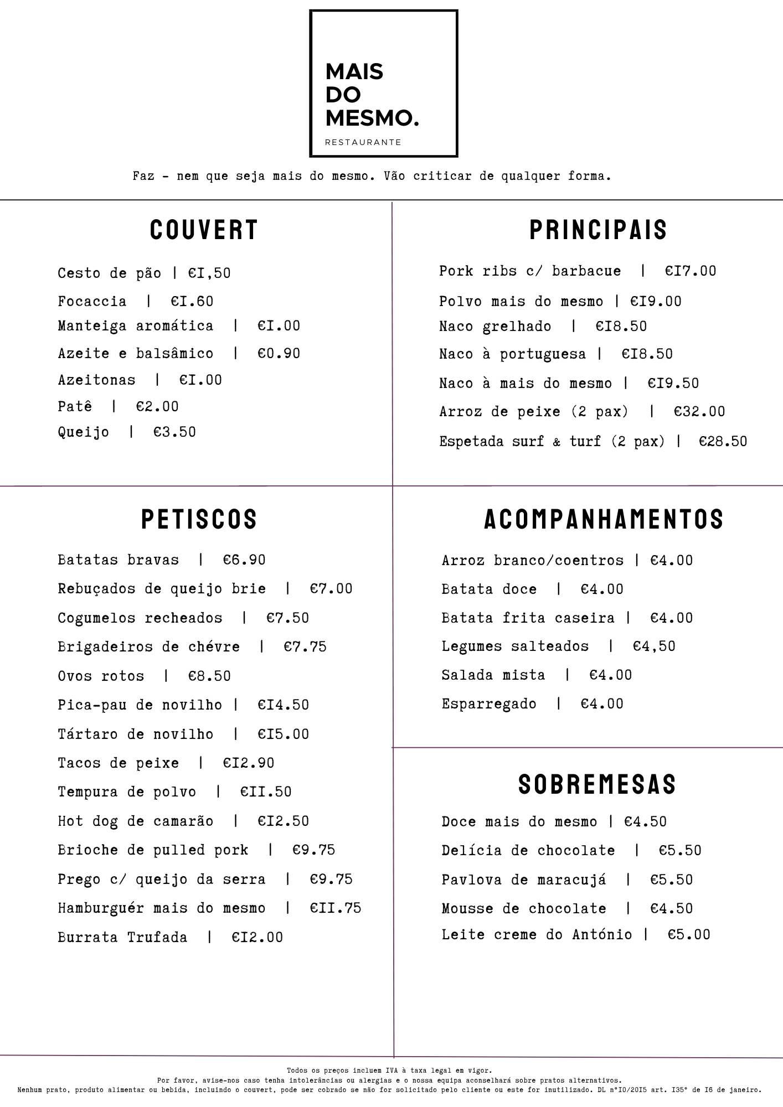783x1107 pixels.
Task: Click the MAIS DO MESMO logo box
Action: click(383, 83)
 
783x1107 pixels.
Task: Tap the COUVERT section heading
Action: click(204, 230)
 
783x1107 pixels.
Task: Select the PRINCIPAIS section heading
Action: click(598, 230)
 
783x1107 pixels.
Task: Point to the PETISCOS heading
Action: click(199, 519)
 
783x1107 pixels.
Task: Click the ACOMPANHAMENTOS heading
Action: click(604, 519)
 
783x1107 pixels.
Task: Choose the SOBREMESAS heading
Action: click(597, 784)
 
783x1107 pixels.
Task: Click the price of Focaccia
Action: click(192, 301)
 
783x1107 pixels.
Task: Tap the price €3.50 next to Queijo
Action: click(174, 432)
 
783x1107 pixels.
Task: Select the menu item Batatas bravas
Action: click(118, 560)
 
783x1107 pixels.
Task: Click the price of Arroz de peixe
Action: click(699, 411)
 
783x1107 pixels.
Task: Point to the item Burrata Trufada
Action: click(122, 937)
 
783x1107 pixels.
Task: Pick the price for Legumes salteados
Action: click(654, 646)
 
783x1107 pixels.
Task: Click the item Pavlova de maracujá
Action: click(523, 880)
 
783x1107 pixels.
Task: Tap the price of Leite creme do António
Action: click(688, 934)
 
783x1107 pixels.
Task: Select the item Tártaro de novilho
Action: click(135, 734)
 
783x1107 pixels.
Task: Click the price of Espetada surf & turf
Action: click(723, 441)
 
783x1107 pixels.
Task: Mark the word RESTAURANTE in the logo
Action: click(363, 142)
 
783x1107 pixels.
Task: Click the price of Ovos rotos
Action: click(209, 676)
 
